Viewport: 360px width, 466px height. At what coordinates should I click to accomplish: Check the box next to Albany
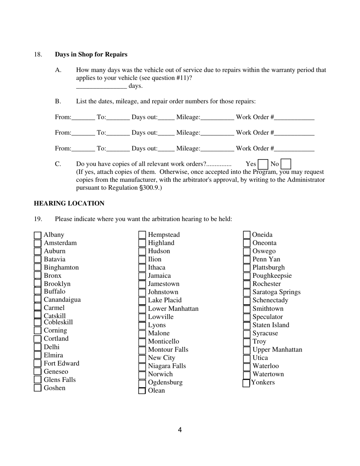[x=38, y=235]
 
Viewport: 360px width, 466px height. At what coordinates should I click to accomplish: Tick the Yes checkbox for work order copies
[x=263, y=164]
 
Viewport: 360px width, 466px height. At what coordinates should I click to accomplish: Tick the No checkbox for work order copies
[x=286, y=164]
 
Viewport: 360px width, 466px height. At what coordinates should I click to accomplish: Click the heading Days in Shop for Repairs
[x=91, y=55]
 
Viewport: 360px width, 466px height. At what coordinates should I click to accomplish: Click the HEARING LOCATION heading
[x=69, y=203]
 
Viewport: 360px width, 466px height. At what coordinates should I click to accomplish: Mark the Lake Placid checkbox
[x=142, y=301]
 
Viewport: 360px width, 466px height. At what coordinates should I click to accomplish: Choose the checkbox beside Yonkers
[x=246, y=383]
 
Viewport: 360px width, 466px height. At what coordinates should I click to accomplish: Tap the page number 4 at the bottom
[x=180, y=430]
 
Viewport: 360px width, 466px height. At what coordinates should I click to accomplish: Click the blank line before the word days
[x=101, y=86]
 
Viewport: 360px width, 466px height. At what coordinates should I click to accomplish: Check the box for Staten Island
[x=246, y=325]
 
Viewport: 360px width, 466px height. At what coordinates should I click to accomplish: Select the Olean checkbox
[x=142, y=391]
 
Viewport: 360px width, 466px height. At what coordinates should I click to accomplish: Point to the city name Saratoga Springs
[x=276, y=292]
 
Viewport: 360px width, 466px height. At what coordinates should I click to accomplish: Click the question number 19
[x=38, y=219]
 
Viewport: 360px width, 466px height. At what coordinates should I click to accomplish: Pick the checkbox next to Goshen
[x=38, y=388]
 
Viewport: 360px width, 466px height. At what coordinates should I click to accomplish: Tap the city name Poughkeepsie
[x=272, y=276]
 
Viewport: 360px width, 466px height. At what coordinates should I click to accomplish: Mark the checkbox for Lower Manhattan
[x=142, y=309]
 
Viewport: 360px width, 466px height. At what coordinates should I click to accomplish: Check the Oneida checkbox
[x=246, y=235]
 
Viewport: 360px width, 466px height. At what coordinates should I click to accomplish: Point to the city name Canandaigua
[x=62, y=300]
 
